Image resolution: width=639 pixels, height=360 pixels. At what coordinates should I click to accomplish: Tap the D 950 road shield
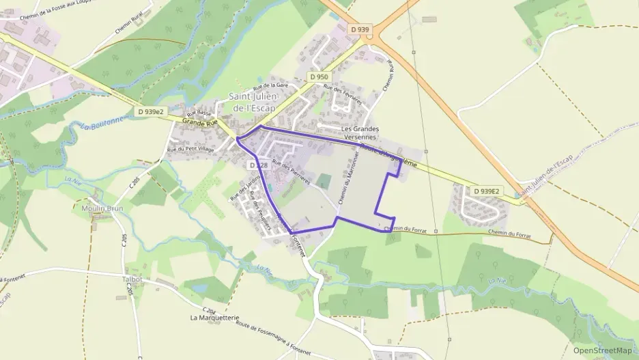click(x=317, y=77)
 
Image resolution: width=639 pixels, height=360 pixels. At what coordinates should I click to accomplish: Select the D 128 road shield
click(x=257, y=165)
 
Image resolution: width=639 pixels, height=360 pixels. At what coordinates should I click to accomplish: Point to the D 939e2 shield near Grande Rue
click(x=152, y=111)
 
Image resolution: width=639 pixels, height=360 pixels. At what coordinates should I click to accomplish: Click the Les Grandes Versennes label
click(x=361, y=133)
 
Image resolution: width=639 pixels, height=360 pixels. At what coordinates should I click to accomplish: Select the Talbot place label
click(x=132, y=279)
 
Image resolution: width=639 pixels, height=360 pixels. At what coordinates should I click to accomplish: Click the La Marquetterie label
click(x=215, y=318)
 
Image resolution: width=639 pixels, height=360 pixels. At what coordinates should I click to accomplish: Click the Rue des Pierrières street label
click(x=291, y=171)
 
